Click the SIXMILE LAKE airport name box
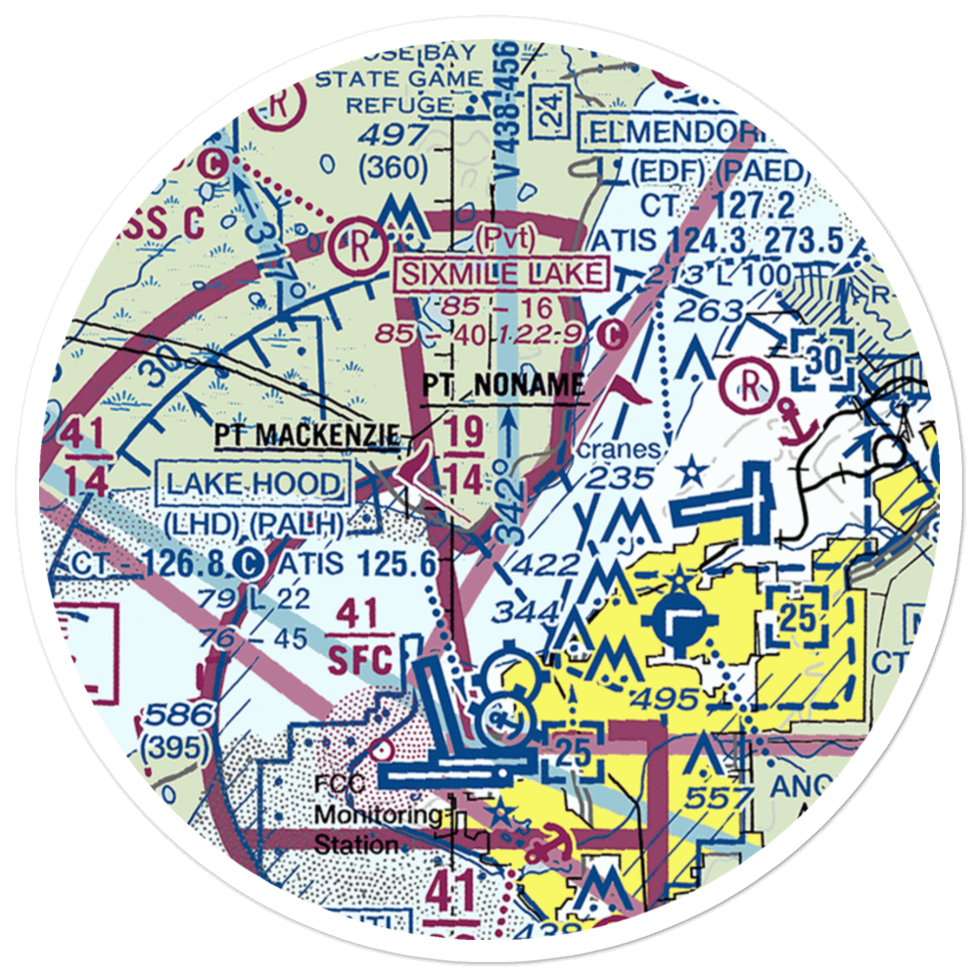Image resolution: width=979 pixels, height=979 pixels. click(500, 273)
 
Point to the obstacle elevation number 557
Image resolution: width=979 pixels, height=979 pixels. click(717, 799)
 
